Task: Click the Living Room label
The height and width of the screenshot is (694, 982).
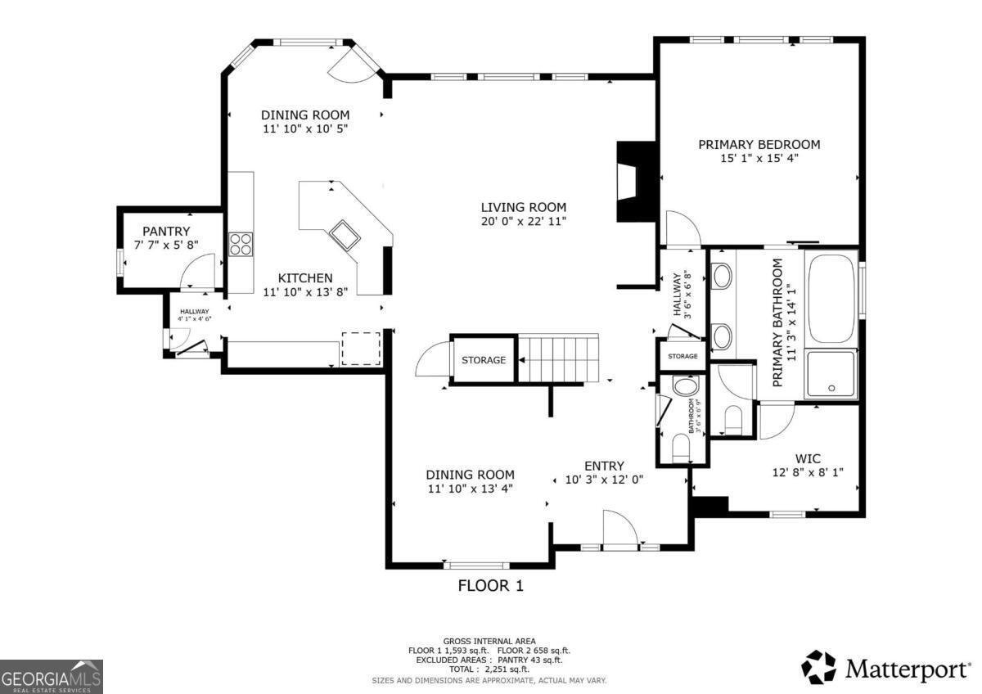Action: pos(523,207)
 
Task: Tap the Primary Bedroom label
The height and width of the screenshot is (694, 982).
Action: pos(759,144)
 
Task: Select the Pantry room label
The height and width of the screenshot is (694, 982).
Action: pos(166,231)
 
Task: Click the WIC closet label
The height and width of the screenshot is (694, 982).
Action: pos(807,458)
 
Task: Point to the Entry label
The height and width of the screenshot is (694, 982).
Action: pos(604,466)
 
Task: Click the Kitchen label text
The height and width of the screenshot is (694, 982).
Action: pos(304,277)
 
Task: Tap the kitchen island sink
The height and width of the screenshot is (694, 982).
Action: pos(345,234)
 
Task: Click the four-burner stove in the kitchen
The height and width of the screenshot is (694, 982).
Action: pos(241,244)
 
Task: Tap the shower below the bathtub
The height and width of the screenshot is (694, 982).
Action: pos(831,374)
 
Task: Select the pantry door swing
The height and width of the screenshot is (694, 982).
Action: pos(197,270)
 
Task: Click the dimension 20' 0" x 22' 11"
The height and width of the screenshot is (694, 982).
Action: pos(523,221)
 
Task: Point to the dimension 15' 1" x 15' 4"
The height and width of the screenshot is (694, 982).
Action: pos(759,158)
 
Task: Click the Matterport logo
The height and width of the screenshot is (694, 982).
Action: pos(885,668)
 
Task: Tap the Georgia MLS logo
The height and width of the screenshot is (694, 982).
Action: pos(52,676)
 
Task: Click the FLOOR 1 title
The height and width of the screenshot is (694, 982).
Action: pos(489,585)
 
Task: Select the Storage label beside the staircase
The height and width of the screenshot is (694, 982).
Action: pos(483,360)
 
